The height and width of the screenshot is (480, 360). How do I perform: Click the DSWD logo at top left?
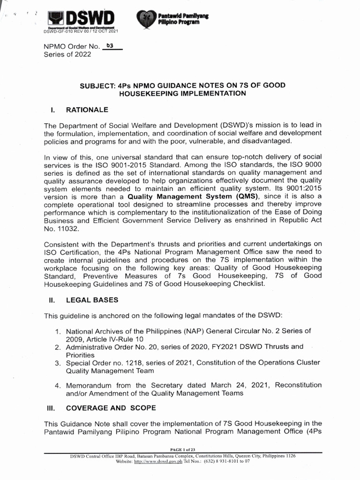tap(82, 19)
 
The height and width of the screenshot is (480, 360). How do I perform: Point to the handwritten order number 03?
tap(111, 46)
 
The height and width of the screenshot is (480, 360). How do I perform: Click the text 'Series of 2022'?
tap(67, 54)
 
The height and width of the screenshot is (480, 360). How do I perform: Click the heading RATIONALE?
tap(87, 110)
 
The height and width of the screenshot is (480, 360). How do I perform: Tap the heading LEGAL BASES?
tap(92, 300)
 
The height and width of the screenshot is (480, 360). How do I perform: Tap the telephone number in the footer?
tap(225, 461)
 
